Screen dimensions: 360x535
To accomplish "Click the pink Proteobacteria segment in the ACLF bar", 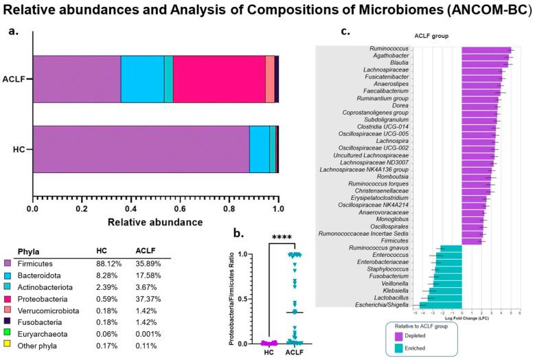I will coord(218,79).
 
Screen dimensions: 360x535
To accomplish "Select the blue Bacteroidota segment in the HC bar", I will coord(259,150).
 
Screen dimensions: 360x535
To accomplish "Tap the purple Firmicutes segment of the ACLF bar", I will coord(76,79).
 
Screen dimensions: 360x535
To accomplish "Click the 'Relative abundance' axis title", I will coord(153,222).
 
